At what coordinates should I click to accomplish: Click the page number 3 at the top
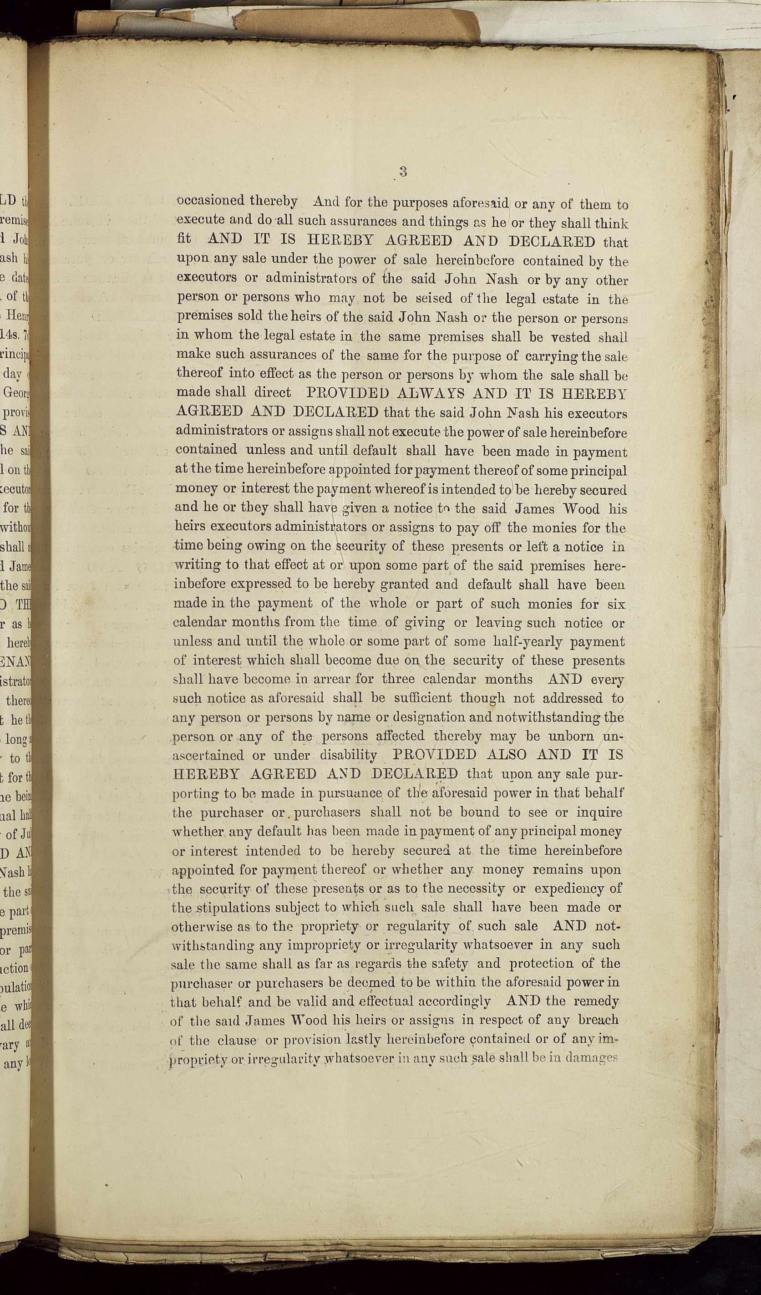(x=403, y=172)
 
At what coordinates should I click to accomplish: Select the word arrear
(x=332, y=679)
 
